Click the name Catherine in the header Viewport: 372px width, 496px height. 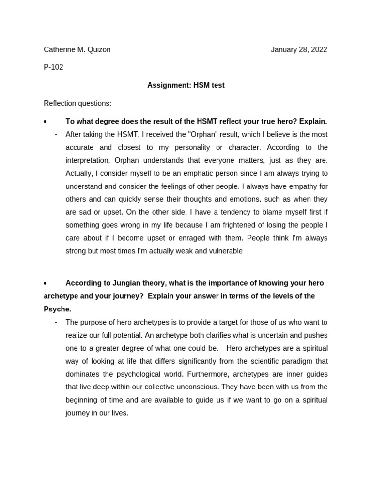point(60,49)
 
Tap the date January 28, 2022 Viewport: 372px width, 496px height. point(299,49)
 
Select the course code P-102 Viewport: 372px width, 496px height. point(53,67)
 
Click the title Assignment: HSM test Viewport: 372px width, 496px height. point(186,85)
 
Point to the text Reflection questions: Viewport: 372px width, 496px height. point(77,103)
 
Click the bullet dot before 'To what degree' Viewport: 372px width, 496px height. point(45,122)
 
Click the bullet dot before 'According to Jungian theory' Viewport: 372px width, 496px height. point(45,283)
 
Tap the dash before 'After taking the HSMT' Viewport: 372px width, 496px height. point(56,134)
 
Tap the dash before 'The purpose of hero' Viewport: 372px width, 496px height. point(56,322)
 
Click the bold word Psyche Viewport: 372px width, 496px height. point(57,309)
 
